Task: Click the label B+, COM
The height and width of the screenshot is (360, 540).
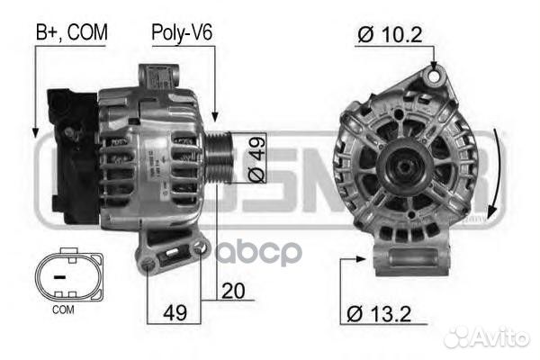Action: click(71, 33)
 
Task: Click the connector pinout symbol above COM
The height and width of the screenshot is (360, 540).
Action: click(62, 277)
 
